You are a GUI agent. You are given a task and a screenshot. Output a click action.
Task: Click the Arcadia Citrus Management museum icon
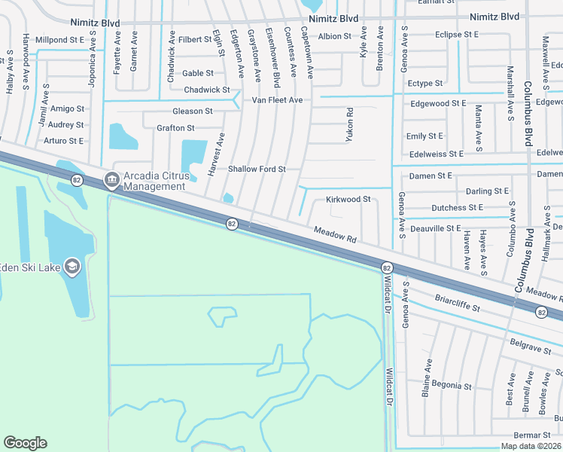111,179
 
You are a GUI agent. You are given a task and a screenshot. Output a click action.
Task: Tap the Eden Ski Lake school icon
72,265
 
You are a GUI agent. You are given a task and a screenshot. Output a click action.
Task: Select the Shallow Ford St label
257,169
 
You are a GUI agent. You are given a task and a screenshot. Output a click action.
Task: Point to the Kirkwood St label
348,200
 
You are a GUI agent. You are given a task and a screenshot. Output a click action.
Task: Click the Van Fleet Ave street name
277,100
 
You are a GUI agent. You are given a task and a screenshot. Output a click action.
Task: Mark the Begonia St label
452,386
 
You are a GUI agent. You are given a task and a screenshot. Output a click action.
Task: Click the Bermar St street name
532,435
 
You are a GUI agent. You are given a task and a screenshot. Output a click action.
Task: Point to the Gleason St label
193,111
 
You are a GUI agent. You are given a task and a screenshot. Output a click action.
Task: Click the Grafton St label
175,128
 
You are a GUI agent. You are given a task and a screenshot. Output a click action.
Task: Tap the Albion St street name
335,36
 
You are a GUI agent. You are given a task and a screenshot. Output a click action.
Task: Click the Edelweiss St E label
435,154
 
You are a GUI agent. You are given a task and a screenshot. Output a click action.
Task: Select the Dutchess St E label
458,208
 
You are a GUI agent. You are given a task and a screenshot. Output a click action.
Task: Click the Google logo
26,443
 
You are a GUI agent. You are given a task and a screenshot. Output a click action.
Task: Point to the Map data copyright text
531,446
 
